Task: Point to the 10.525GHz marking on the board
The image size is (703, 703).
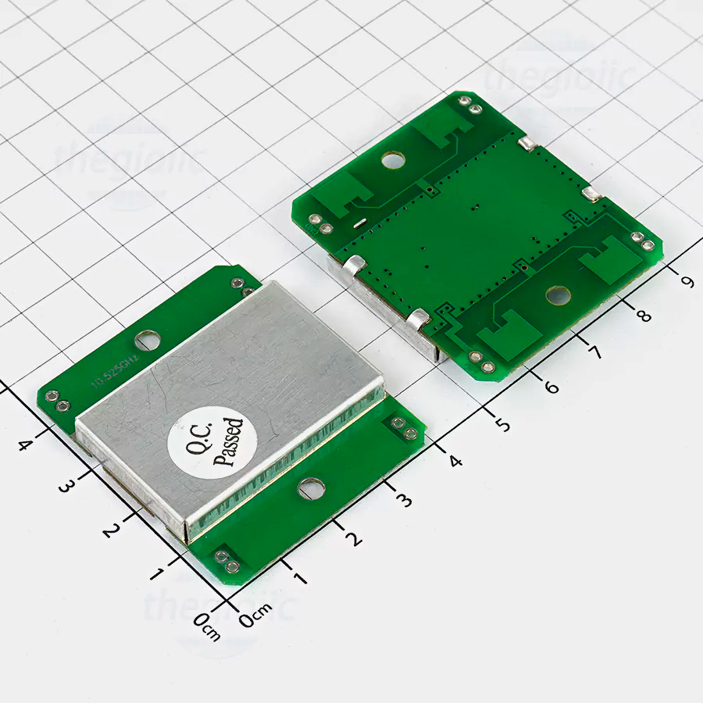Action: click(115, 371)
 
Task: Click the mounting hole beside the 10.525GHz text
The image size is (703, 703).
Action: click(147, 340)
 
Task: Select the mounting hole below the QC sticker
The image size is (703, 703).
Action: click(311, 488)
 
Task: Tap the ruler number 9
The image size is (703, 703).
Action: click(687, 280)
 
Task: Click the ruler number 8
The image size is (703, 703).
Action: click(643, 316)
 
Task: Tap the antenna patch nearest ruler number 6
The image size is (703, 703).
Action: click(508, 332)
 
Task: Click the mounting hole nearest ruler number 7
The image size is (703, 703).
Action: click(558, 295)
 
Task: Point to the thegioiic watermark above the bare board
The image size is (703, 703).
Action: click(559, 78)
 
